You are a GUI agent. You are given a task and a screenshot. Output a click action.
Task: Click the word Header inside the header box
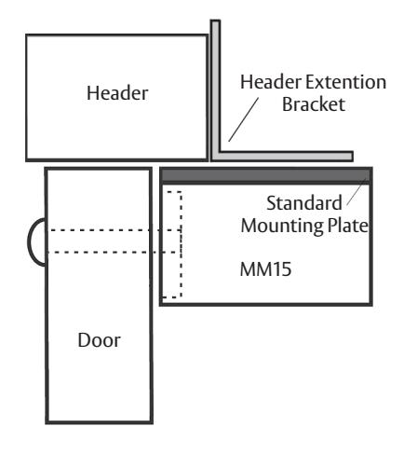117,93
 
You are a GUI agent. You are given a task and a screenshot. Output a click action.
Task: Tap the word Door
99,340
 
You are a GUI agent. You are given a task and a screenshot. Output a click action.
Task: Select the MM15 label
265,269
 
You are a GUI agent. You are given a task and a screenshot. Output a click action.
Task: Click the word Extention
346,82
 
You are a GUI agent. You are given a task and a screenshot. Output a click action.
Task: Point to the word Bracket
314,104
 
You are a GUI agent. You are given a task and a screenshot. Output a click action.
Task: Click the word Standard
304,203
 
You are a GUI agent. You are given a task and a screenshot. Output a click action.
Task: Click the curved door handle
30,241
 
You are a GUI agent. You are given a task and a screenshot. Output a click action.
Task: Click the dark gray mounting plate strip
266,176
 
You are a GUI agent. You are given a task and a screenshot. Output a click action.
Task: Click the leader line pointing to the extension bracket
244,119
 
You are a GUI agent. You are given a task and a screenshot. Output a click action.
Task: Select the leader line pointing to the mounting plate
356,192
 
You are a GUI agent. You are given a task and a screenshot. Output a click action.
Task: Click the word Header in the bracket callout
271,82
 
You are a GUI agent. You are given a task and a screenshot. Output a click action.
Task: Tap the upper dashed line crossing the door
114,230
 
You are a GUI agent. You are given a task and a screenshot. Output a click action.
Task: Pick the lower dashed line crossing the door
114,253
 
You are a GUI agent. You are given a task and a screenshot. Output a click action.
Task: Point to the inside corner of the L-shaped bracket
221,152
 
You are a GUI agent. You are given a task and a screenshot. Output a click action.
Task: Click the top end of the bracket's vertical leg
215,21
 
